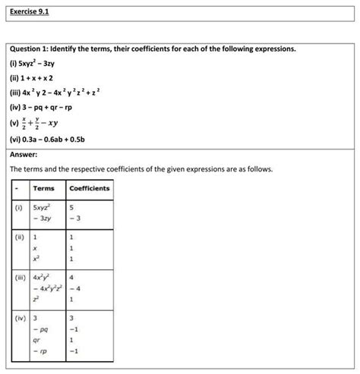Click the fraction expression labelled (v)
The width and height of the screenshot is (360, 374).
pyautogui.click(x=43, y=124)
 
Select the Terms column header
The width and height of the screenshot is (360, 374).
pyautogui.click(x=43, y=188)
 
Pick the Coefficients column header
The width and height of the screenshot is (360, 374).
pyautogui.click(x=90, y=188)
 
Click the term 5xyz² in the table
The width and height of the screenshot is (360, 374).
pyautogui.click(x=42, y=206)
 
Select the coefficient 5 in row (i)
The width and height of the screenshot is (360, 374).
pyautogui.click(x=71, y=206)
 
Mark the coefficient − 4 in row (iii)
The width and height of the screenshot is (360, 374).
pyautogui.click(x=74, y=289)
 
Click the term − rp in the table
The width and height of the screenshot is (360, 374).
pyautogui.click(x=40, y=353)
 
